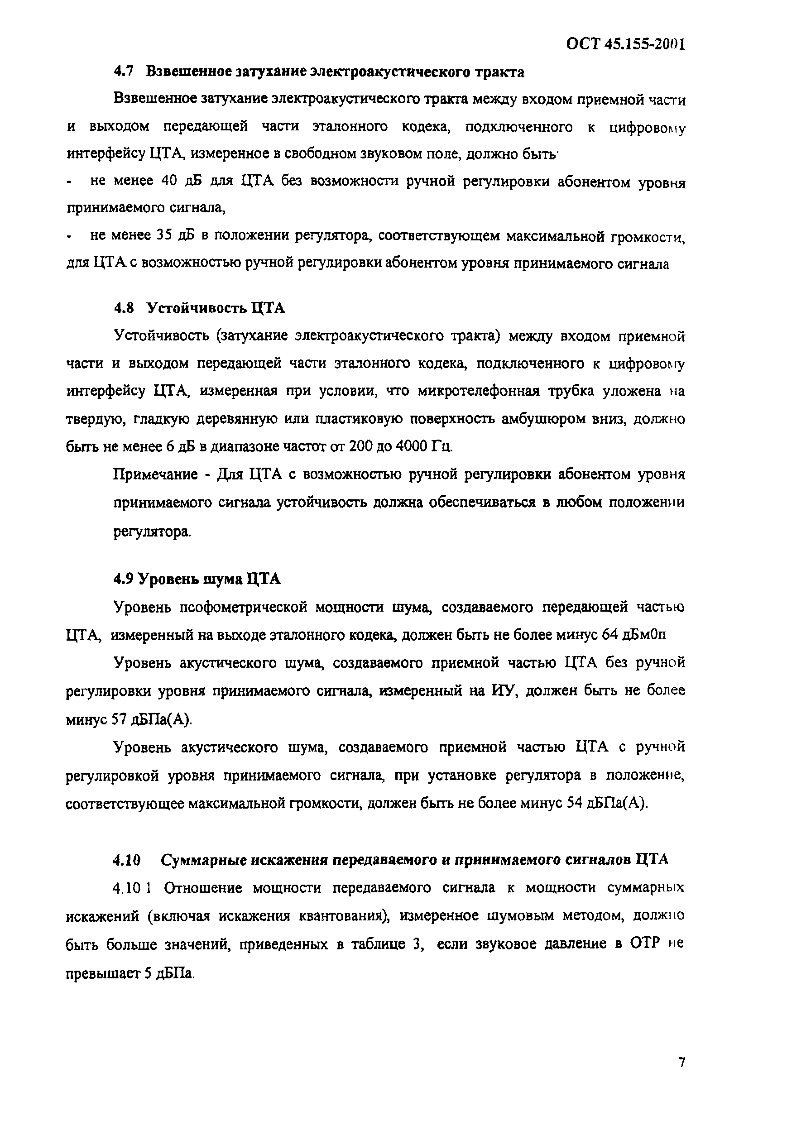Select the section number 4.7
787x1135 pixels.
(x=123, y=72)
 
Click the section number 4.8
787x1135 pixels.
(x=124, y=308)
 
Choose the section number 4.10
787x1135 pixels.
(x=127, y=860)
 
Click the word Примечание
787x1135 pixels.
(x=155, y=474)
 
